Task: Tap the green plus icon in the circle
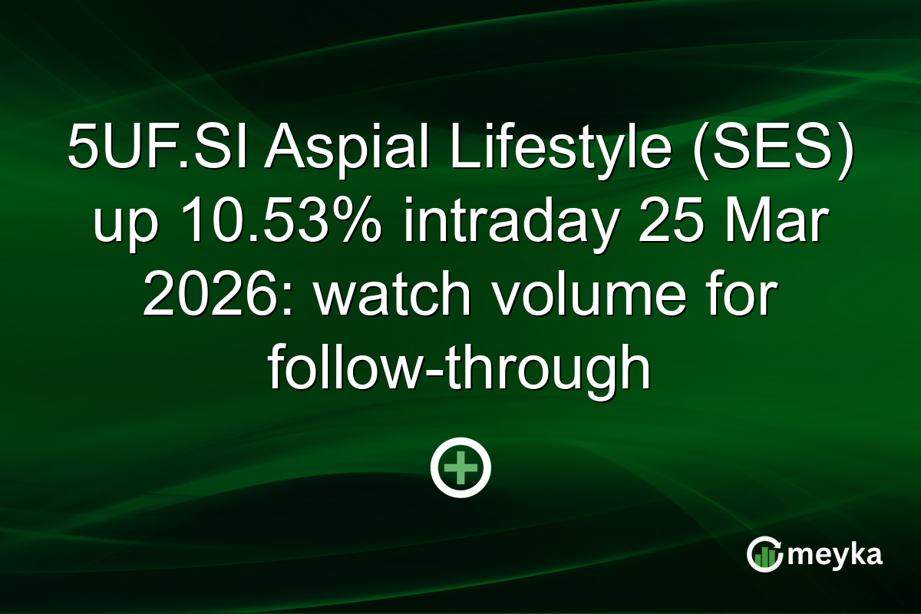(x=460, y=467)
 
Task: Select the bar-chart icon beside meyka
(x=764, y=555)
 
